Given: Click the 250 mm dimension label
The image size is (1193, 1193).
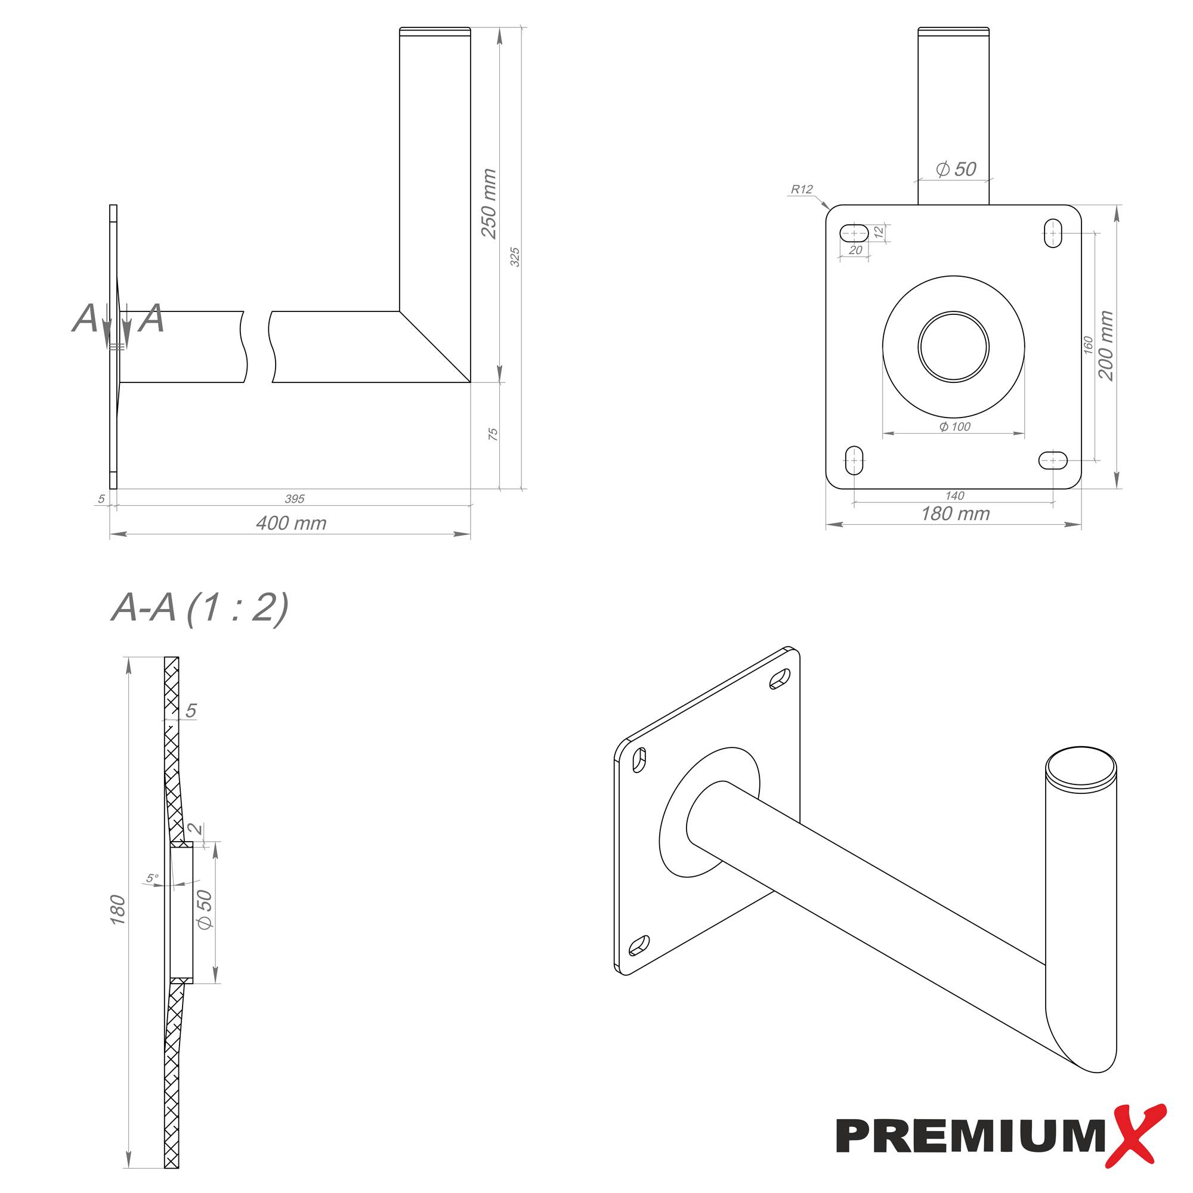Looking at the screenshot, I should point(489,204).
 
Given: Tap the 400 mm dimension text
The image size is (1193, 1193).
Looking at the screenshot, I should point(291,524).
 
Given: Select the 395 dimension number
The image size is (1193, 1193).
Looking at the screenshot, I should point(295,499).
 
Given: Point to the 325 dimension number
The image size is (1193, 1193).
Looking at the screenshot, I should point(515,258).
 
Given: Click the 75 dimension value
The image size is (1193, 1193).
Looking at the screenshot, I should point(493,434).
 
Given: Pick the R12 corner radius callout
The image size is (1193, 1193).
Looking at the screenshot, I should point(802,190).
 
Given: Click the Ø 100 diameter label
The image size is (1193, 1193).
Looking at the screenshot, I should point(954,426).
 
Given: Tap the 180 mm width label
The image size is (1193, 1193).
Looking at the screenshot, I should point(954,514).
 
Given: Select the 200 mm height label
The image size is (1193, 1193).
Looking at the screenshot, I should point(1106,346).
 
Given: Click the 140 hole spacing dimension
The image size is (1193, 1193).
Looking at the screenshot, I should point(954,495).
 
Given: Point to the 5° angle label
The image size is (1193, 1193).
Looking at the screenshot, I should point(152,878).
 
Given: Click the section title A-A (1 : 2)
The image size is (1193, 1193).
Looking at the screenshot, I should point(199,608).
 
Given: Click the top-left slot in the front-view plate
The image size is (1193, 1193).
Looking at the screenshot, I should point(855,233).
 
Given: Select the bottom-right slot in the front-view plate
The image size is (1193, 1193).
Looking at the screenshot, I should point(1053,460).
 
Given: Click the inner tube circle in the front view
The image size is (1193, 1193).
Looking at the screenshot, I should point(953,346).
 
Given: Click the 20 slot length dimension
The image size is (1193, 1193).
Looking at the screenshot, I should point(855,250).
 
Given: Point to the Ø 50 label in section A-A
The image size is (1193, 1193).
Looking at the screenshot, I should point(205,910).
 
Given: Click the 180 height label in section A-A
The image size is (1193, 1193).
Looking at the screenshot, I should point(118,910).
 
